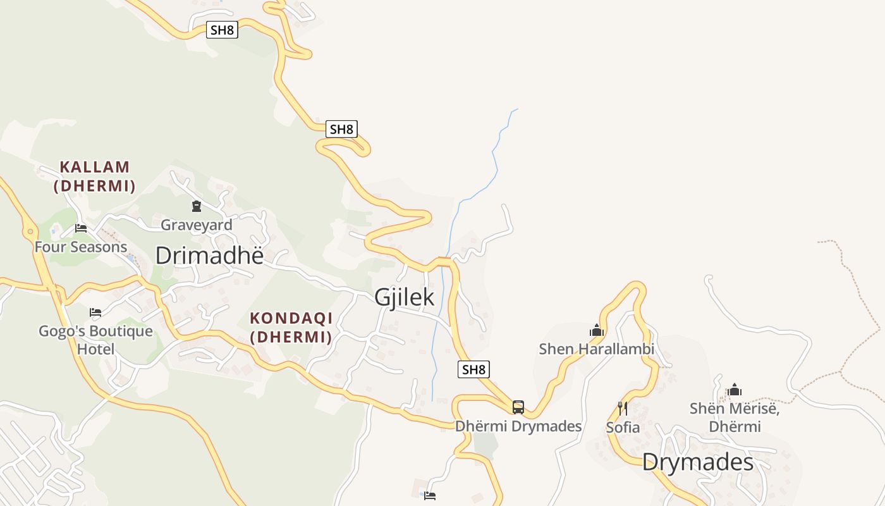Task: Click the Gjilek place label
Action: coord(404,297)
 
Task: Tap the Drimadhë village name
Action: coord(209,256)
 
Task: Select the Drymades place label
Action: coord(698,462)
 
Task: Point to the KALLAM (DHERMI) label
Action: coord(95,176)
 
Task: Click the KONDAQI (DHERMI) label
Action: coord(291,327)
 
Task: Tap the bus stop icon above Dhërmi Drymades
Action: coord(518,407)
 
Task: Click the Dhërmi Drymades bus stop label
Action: coord(518,426)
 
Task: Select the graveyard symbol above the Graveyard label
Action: coord(197,206)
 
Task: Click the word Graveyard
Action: coord(197,225)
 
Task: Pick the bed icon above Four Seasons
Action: coord(81,228)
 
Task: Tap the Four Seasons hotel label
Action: coord(81,247)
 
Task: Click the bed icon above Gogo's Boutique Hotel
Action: coord(95,312)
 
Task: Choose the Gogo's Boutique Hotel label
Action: coord(95,340)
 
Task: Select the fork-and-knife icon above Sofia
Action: coord(623,409)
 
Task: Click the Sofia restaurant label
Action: coord(623,428)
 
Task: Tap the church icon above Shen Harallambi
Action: coord(597,330)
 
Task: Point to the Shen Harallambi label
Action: coord(597,349)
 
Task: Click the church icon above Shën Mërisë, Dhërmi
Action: coord(734,390)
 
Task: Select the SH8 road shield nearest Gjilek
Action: coord(473,369)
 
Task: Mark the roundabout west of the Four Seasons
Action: coord(30,232)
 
